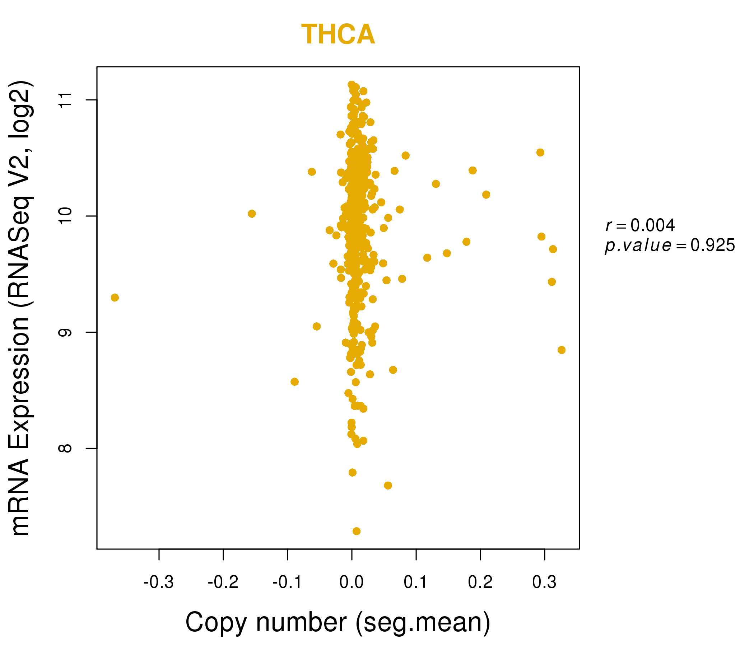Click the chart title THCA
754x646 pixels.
(338, 34)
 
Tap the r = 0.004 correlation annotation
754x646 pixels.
(640, 225)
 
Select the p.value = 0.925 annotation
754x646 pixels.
(670, 245)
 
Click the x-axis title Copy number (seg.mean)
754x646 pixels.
(338, 622)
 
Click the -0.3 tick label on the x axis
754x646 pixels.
(158, 582)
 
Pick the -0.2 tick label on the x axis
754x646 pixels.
(223, 582)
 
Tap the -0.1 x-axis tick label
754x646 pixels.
(287, 582)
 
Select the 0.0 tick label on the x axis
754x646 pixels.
(352, 582)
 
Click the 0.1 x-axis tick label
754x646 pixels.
(416, 582)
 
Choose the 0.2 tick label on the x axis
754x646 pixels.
(480, 582)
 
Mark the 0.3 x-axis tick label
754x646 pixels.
(544, 582)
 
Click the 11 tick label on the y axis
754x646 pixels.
(65, 100)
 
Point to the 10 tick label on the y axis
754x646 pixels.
(65, 216)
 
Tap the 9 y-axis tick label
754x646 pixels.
(65, 332)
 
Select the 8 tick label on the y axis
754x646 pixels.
(65, 448)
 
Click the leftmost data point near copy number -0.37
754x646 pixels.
(115, 298)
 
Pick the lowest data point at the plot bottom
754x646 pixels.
(357, 531)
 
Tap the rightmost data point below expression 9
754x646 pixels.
(562, 350)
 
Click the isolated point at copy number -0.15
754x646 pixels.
(252, 214)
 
